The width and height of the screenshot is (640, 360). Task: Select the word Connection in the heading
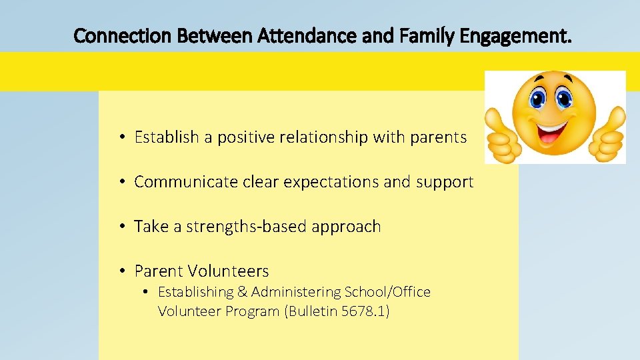pyautogui.click(x=124, y=35)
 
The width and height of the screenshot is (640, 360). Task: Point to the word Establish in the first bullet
pyautogui.click(x=166, y=137)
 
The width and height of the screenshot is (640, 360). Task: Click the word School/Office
pyautogui.click(x=387, y=292)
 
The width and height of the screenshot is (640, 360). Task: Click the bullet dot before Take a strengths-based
pyautogui.click(x=123, y=227)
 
